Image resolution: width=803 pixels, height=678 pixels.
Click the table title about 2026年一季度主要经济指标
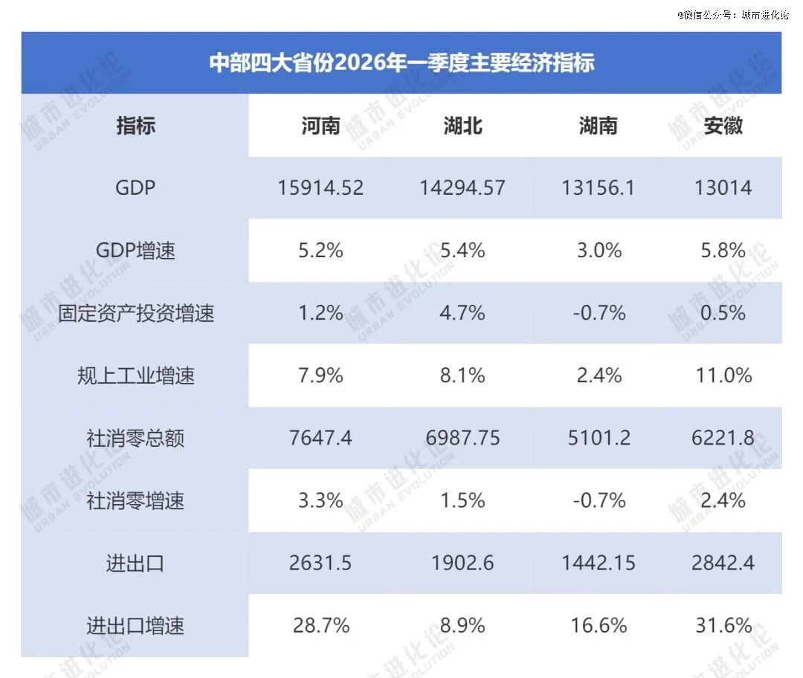coord(401,62)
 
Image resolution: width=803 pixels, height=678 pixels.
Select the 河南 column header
coord(321,126)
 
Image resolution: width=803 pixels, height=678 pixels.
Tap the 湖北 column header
coord(462,126)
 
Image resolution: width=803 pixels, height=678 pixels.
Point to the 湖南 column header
coord(599,126)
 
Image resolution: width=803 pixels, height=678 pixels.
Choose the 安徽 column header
coord(723,126)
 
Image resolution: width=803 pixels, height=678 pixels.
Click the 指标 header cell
coord(135,126)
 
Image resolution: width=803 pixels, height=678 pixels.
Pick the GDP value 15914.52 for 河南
coord(321,188)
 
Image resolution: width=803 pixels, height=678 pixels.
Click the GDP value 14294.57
coord(462,188)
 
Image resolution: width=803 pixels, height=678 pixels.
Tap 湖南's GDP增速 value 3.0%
coord(599,251)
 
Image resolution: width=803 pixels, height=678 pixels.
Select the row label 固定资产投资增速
coord(135,313)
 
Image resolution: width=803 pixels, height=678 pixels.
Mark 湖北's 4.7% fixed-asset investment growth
coord(462,313)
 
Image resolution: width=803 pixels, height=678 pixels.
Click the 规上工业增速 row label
coord(135,375)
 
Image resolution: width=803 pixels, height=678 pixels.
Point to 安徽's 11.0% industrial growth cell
coord(723,375)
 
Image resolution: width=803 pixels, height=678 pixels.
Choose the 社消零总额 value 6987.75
coord(462,438)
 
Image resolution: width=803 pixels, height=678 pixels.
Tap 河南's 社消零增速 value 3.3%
coord(321,500)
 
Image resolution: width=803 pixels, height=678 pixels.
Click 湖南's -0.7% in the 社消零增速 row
coord(599,500)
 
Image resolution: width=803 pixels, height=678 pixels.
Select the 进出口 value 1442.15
coord(599,563)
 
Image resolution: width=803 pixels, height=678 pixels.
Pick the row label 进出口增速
coord(135,626)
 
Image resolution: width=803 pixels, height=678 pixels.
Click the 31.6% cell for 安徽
coord(723,626)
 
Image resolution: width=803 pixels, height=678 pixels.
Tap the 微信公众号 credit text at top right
coord(732,14)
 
